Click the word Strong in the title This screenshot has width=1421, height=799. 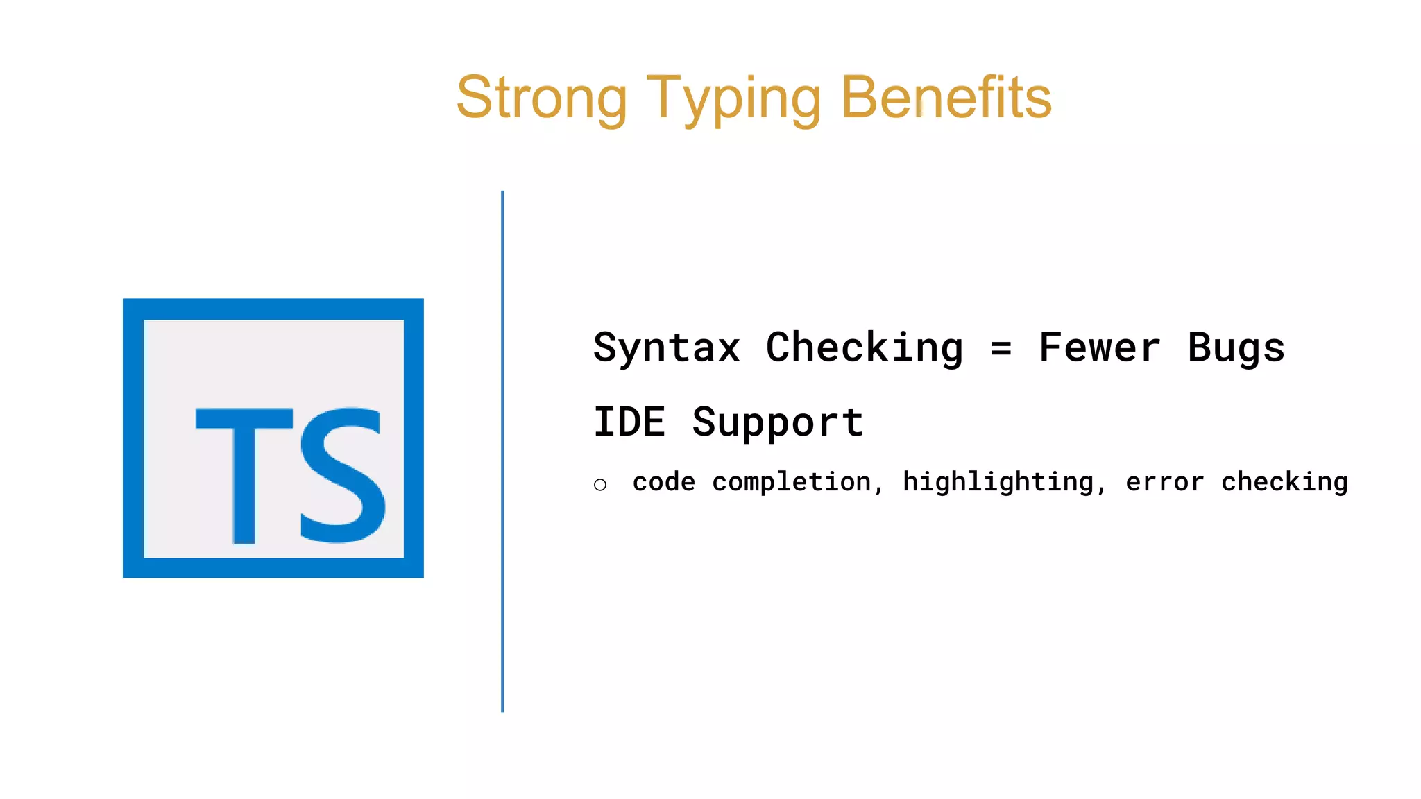click(x=541, y=98)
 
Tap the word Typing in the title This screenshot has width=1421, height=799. click(x=733, y=99)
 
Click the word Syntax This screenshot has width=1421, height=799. click(x=667, y=347)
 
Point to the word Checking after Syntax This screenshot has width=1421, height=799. click(x=865, y=347)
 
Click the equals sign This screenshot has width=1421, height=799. click(x=1001, y=349)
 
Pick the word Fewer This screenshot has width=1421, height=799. click(x=1099, y=347)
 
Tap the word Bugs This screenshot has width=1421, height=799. click(x=1236, y=349)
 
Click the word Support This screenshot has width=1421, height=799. click(x=778, y=423)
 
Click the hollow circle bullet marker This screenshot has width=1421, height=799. click(x=600, y=485)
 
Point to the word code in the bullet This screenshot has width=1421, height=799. click(x=664, y=482)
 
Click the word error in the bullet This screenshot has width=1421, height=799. click(x=1164, y=482)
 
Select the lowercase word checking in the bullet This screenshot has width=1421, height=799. click(x=1284, y=483)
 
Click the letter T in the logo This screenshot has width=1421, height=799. click(x=244, y=474)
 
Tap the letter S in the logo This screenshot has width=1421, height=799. click(x=342, y=474)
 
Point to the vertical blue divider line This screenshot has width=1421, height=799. click(x=502, y=451)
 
